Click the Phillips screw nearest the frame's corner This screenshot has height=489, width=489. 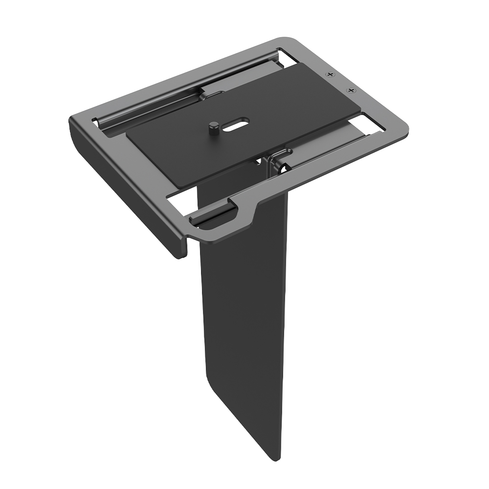click(331, 74)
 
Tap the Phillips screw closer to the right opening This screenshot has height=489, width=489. click(350, 90)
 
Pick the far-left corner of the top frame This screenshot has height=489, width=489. click(72, 121)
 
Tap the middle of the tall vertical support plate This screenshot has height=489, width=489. click(244, 318)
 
